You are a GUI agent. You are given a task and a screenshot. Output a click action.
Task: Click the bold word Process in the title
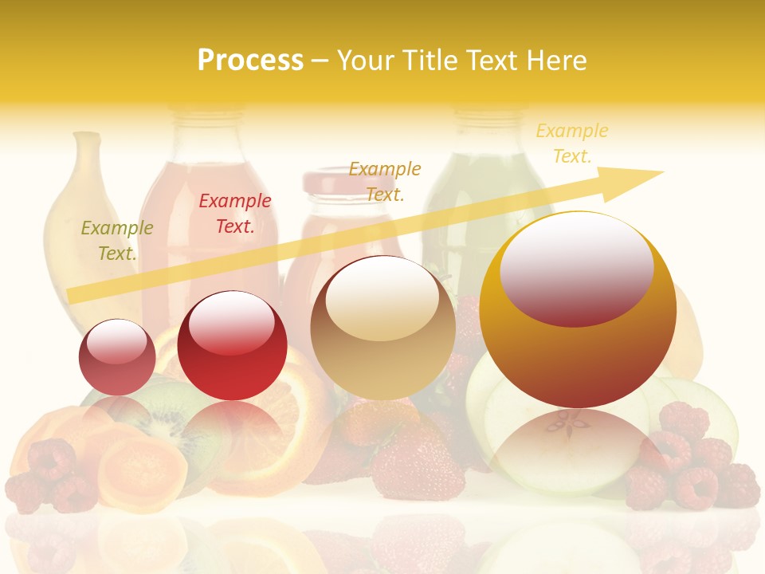[250, 61]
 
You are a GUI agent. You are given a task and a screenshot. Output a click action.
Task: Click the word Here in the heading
[555, 61]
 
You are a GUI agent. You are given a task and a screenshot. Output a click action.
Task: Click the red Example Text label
[235, 214]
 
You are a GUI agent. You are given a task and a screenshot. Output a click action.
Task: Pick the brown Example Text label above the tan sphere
[385, 182]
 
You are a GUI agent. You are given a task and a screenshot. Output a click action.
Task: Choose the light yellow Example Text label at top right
[572, 143]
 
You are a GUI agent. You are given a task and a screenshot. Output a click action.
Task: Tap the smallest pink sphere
[117, 357]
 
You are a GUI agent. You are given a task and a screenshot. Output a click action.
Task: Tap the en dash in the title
[320, 61]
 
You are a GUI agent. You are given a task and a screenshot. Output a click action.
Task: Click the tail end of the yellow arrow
[76, 295]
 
